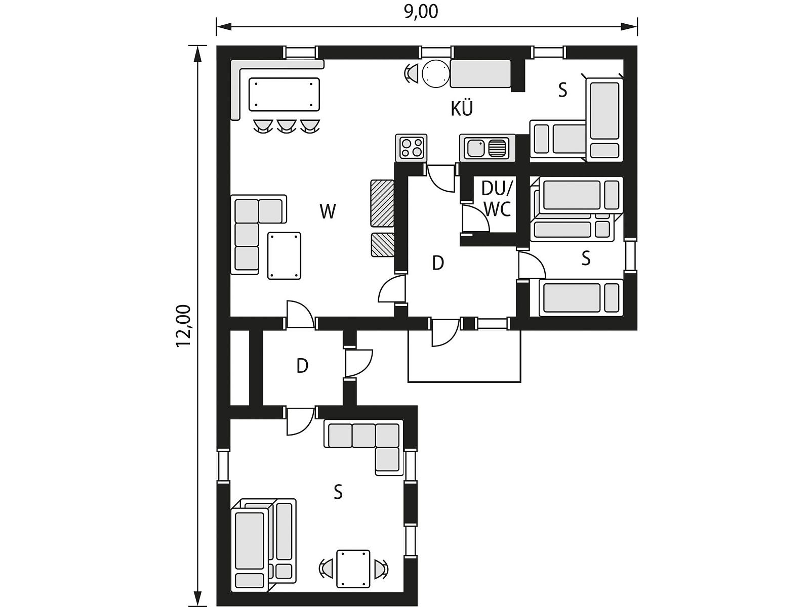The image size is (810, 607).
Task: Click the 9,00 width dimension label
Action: click(421, 12)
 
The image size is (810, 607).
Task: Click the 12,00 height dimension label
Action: click(184, 326)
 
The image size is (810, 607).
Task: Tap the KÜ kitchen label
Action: click(462, 109)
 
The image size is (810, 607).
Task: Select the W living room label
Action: click(328, 211)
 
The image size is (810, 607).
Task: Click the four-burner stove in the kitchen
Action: click(411, 148)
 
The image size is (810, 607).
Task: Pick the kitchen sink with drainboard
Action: click(487, 147)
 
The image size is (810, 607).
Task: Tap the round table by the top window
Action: click(436, 74)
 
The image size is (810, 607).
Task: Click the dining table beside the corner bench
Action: click(284, 95)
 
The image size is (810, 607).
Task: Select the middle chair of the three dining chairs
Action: click(287, 125)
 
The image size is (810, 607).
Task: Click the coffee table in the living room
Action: click(284, 255)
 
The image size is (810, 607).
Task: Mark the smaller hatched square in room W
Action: click(383, 245)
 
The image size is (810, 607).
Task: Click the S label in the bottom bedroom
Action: click(338, 492)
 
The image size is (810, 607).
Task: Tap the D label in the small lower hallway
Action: click(302, 366)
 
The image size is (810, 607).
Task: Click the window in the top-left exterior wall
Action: click(301, 52)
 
